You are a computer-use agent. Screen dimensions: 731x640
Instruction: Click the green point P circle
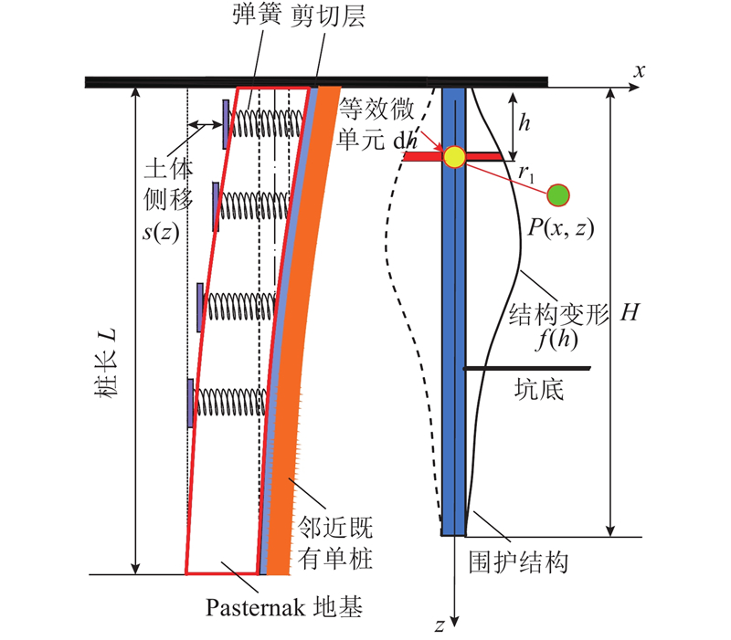pos(558,195)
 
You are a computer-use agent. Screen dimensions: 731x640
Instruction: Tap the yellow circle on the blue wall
pos(454,157)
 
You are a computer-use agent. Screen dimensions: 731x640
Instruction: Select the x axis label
pos(639,71)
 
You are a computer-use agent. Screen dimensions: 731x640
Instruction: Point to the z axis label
pos(440,625)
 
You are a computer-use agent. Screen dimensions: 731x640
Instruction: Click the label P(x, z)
pos(561,228)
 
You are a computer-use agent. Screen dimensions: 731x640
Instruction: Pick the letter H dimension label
pos(630,312)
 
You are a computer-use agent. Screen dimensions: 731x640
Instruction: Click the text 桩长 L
pos(106,362)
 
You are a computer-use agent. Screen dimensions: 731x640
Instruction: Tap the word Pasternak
pos(256,607)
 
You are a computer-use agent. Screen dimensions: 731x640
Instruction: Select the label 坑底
pos(539,389)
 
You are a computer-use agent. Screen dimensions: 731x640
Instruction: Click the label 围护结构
pos(518,562)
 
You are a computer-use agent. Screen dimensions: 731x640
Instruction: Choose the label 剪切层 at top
pos(328,16)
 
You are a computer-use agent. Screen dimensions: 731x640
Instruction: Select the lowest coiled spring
pos(232,402)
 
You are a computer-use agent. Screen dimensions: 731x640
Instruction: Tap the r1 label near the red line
pos(527,173)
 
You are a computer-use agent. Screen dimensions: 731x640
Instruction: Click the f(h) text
pos(556,339)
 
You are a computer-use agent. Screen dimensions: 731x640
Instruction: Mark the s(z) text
pos(161,232)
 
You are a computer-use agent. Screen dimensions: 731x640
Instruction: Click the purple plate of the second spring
pos(216,207)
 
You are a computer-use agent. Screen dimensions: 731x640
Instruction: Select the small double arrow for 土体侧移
pos(205,124)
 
